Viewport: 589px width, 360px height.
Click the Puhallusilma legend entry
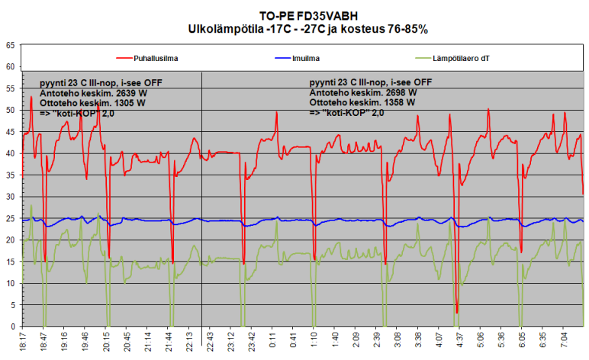coord(157,58)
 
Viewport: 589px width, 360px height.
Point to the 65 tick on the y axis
coord(10,46)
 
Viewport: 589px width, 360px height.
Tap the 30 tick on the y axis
coord(10,197)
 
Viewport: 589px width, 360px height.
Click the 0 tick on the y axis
coord(12,327)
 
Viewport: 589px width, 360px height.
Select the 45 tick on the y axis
coord(10,132)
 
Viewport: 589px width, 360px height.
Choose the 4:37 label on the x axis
coord(456,342)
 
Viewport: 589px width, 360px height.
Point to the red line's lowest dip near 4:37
coord(456,311)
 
